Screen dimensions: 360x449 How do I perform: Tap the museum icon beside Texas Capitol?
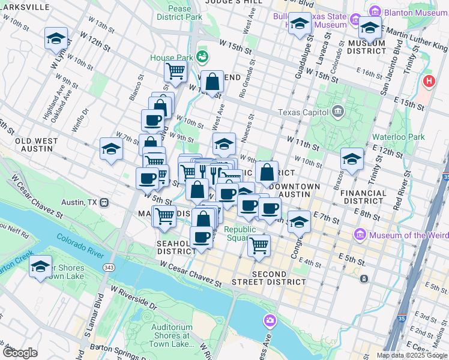pyautogui.click(x=337, y=112)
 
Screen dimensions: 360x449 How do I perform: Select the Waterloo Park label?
pyautogui.click(x=398, y=137)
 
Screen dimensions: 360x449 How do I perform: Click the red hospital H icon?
pyautogui.click(x=429, y=81)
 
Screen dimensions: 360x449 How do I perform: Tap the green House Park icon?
pyautogui.click(x=203, y=58)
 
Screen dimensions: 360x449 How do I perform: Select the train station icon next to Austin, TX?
pyautogui.click(x=104, y=202)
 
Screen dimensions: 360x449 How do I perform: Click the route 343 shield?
pyautogui.click(x=109, y=266)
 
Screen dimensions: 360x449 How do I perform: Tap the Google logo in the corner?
pyautogui.click(x=20, y=353)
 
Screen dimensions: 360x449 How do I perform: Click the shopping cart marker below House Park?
pyautogui.click(x=175, y=71)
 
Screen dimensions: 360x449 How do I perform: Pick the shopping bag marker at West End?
pyautogui.click(x=212, y=81)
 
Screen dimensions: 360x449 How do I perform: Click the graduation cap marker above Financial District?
pyautogui.click(x=352, y=158)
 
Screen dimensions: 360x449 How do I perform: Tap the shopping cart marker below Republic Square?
pyautogui.click(x=259, y=245)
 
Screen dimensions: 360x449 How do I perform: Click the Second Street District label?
pyautogui.click(x=268, y=278)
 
